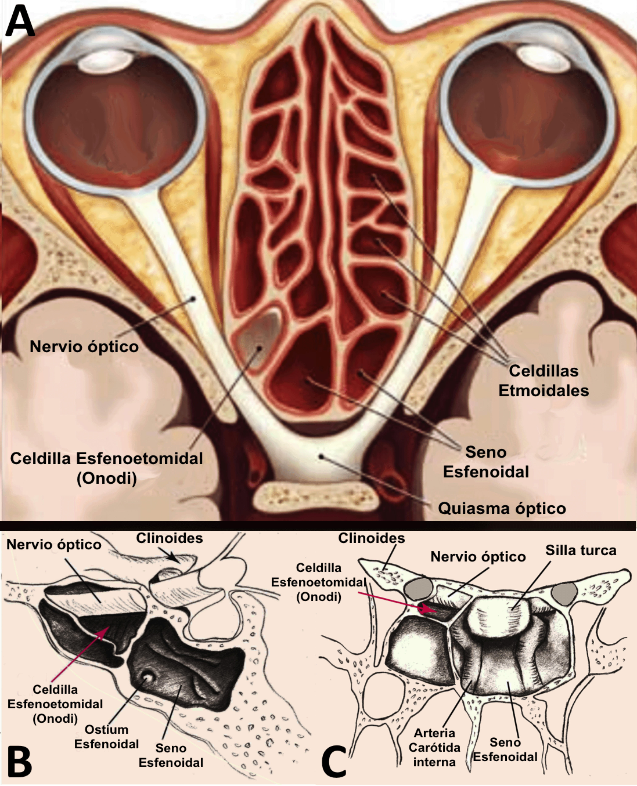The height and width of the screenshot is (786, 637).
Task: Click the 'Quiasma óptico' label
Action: pyautogui.click(x=502, y=508)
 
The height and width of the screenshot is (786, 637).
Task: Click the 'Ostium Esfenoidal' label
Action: pyautogui.click(x=106, y=737)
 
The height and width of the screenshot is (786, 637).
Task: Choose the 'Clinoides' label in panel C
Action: pyautogui.click(x=371, y=538)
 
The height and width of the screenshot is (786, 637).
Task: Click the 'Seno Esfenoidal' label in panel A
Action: pyautogui.click(x=486, y=462)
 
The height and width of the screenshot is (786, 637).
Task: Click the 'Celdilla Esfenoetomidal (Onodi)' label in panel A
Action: pyautogui.click(x=106, y=468)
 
